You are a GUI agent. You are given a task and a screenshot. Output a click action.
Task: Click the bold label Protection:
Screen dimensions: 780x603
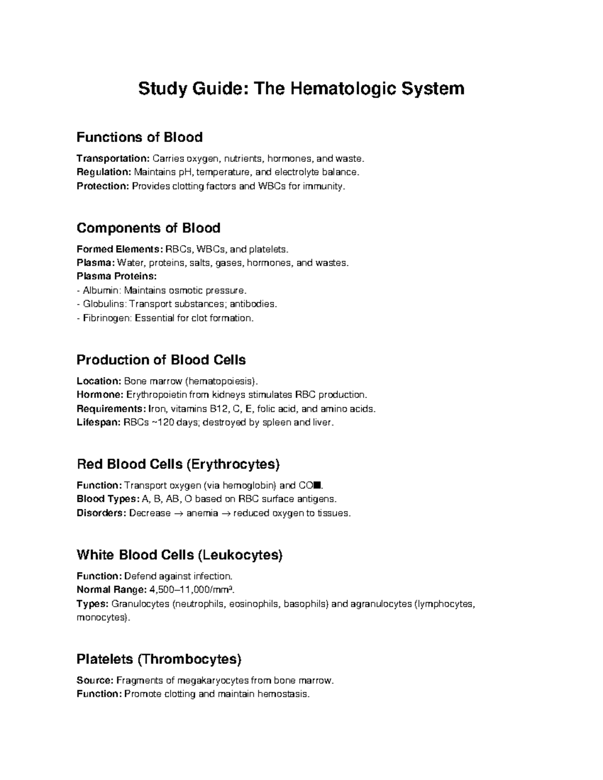(103, 186)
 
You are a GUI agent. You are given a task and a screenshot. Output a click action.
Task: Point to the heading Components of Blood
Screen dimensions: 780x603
(148, 228)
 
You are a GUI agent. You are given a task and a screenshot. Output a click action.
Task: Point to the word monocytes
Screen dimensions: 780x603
(101, 617)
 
